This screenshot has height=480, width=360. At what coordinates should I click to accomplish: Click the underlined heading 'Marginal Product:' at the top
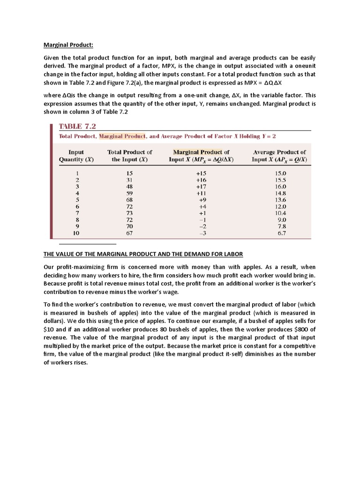point(68,45)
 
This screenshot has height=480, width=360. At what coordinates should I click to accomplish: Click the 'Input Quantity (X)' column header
point(76,156)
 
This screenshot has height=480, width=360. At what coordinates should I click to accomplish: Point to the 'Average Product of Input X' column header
point(279,156)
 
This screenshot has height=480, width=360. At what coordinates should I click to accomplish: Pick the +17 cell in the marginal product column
point(201,186)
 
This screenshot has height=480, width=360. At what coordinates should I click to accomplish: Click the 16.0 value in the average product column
point(280,186)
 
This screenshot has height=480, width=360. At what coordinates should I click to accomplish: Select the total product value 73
point(129,212)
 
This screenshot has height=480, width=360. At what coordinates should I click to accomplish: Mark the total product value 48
point(129,186)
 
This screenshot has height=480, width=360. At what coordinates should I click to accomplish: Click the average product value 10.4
point(280,212)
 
